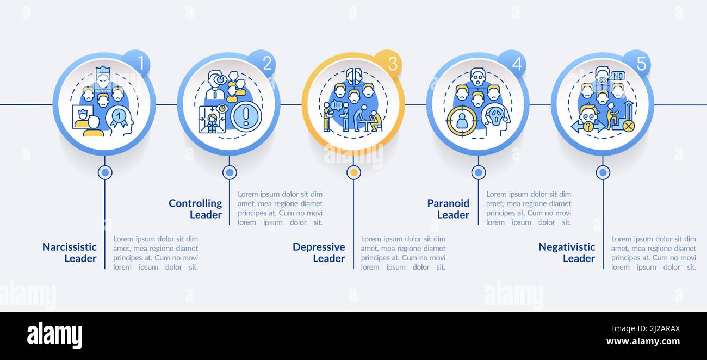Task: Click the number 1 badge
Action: pos(140,64)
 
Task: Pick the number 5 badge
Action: pos(640,64)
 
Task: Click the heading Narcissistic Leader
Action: pos(70,252)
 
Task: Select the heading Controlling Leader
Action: pos(195,209)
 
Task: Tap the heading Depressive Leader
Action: pos(319,252)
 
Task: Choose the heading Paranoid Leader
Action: pos(448,209)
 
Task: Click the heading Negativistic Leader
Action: pos(567,252)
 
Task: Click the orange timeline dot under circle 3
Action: pos(353,172)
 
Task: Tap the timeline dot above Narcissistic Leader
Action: pos(105,172)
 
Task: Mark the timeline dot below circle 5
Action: pos(603,172)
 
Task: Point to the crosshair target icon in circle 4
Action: pos(462,120)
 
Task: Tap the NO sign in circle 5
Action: pos(617,76)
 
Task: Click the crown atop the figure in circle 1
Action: pos(103,71)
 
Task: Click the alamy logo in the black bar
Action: pos(54,336)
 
